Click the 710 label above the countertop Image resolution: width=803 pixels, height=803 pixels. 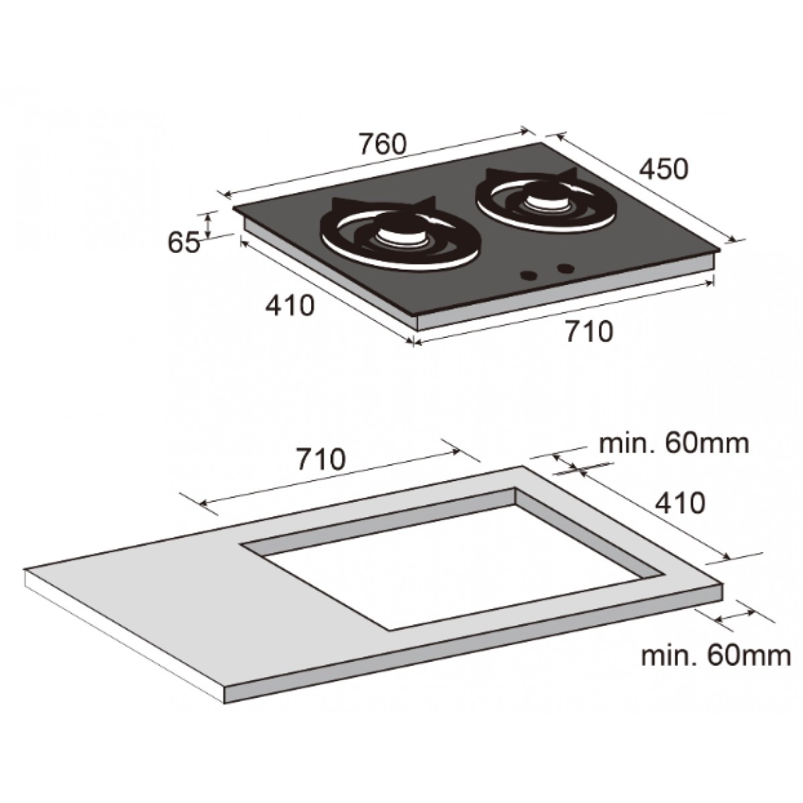321,458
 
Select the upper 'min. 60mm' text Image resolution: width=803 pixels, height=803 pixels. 674,444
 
